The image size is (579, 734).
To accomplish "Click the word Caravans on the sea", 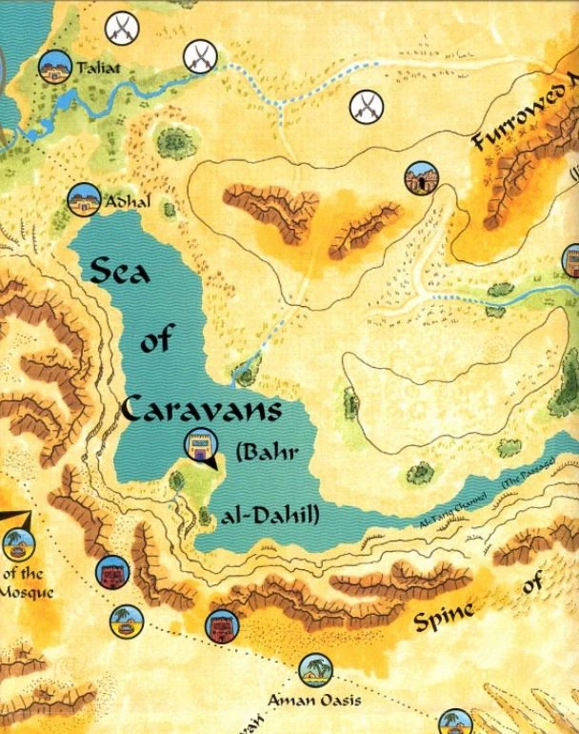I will point(202,410).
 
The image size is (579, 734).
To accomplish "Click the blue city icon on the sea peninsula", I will point(199,445).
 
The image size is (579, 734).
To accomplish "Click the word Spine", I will point(444,619).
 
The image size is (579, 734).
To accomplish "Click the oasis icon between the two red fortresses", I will point(124,622).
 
